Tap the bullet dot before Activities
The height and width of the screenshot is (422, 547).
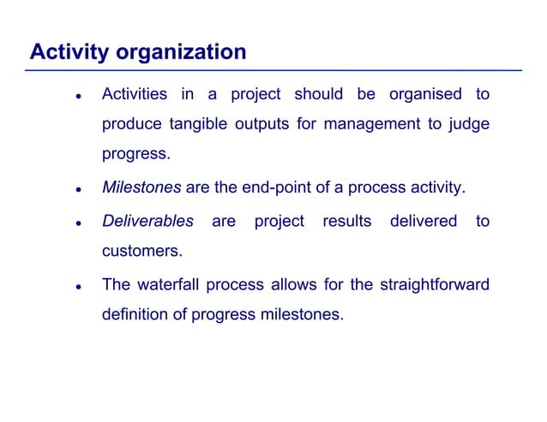77,96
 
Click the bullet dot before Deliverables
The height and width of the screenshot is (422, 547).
77,223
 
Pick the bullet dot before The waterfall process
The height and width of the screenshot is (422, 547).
77,286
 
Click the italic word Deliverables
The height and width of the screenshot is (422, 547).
147,221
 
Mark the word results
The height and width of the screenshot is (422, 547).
346,221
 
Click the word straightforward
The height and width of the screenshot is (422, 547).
436,284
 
